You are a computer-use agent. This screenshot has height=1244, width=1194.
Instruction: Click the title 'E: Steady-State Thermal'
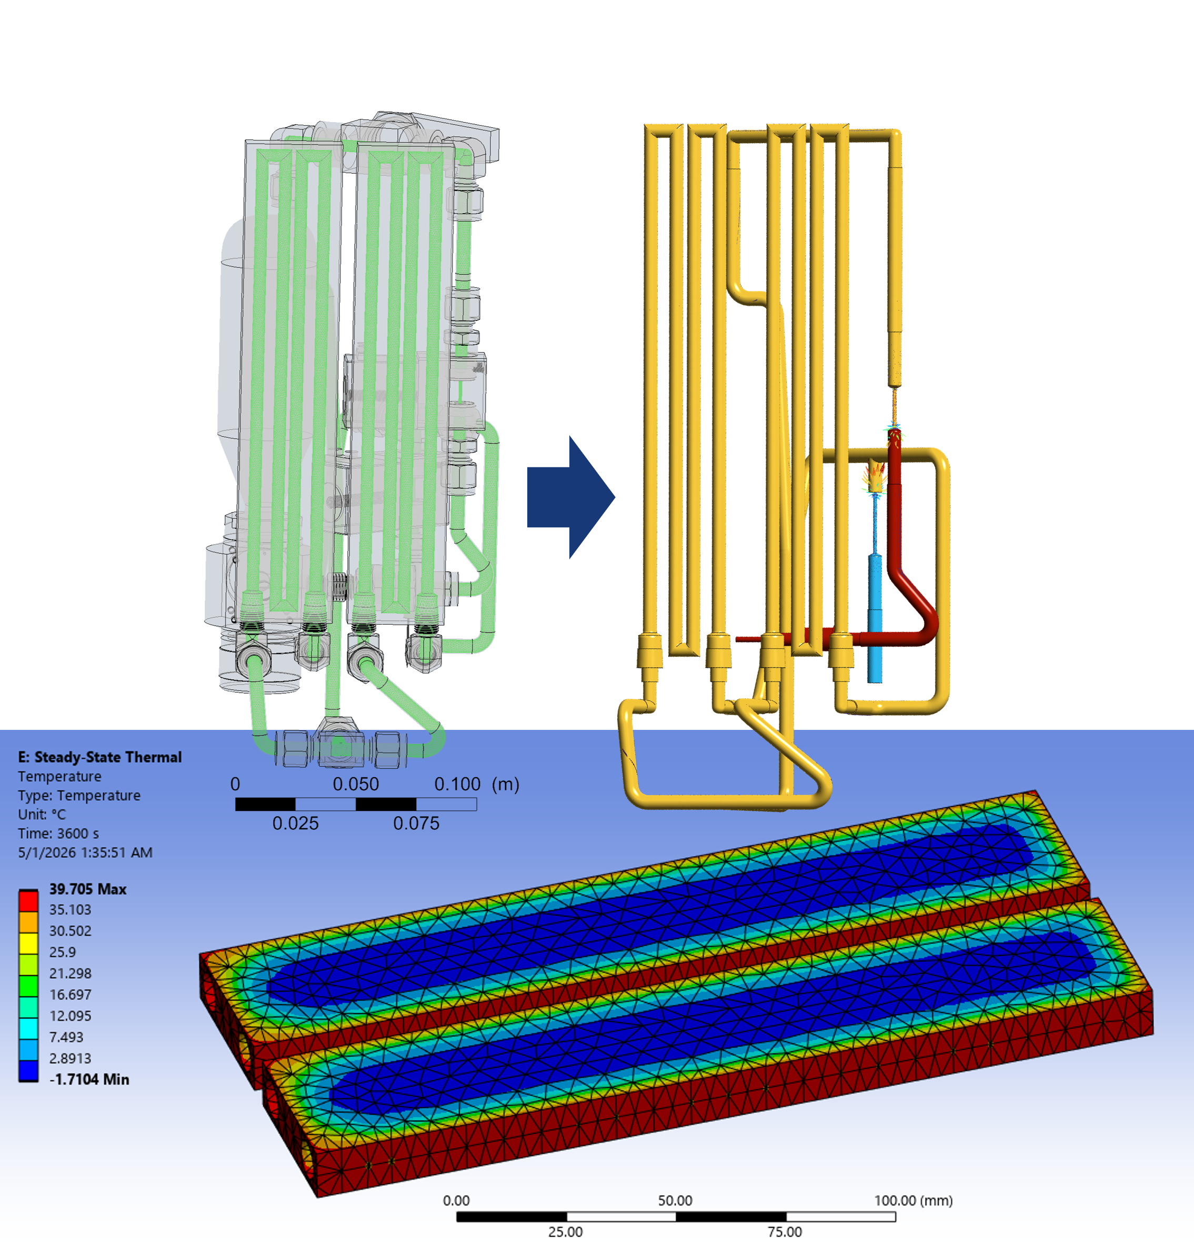[x=99, y=757]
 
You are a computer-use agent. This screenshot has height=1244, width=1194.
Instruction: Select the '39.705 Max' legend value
[x=87, y=889]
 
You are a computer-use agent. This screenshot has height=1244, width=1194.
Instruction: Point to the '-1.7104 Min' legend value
[x=89, y=1080]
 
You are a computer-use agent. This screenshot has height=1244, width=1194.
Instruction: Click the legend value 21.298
[x=71, y=974]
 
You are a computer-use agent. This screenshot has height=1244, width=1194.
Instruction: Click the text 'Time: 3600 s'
[x=58, y=834]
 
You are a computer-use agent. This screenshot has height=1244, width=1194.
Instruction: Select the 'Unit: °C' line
[x=42, y=814]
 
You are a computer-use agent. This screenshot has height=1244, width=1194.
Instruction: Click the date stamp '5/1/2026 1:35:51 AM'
[x=85, y=852]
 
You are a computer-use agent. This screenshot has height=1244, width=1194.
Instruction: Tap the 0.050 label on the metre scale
[x=356, y=784]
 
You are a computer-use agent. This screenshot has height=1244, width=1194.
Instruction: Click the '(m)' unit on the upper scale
[x=505, y=785]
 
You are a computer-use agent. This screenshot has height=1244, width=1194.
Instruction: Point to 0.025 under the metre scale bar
[x=295, y=823]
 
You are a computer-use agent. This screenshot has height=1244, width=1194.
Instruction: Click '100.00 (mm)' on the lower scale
[x=914, y=1200]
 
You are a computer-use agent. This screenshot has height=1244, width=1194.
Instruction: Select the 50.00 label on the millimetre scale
[x=675, y=1200]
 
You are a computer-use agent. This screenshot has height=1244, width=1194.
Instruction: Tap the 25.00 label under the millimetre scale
[x=566, y=1231]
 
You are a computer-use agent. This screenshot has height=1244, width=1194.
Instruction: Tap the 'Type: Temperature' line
[x=79, y=795]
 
